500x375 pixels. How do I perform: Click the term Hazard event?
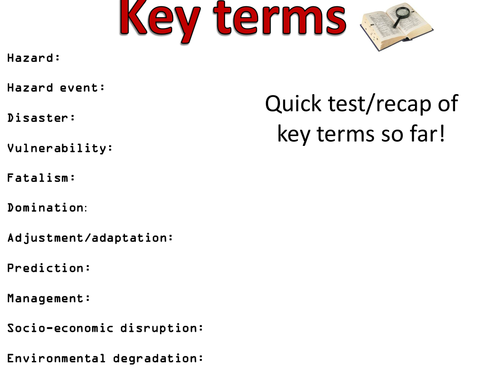point(56,88)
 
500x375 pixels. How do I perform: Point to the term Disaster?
point(41,118)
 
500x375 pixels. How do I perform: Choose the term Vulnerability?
point(60,148)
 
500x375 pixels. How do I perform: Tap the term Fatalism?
point(41,178)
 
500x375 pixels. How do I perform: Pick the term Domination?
point(47,208)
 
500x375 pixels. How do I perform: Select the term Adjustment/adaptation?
point(90,238)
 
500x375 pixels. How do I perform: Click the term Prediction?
point(49,268)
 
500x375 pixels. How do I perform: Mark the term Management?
point(49,298)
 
